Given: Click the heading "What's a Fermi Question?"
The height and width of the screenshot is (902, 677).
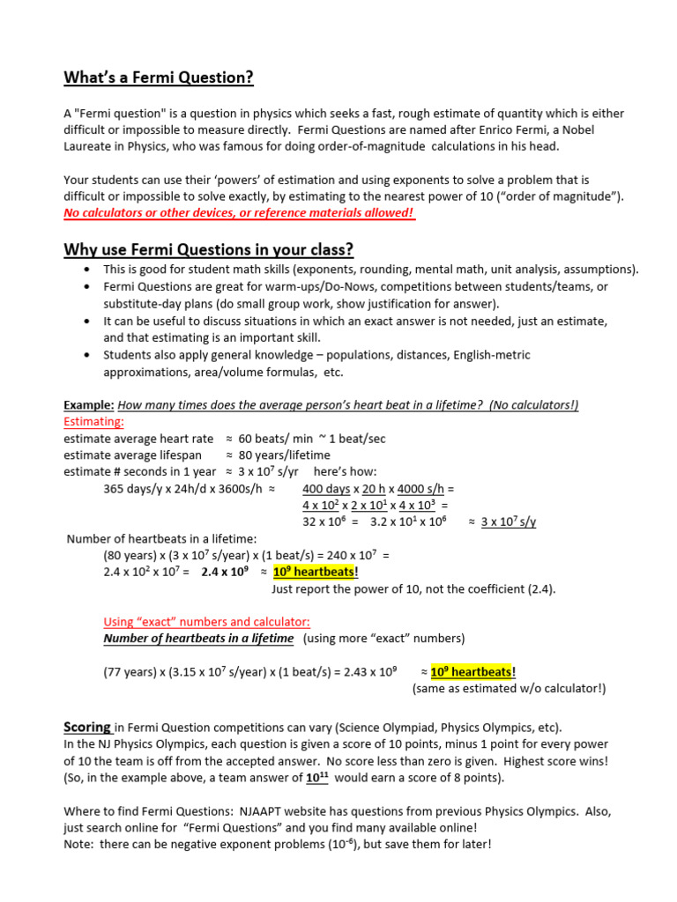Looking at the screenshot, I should (159, 78).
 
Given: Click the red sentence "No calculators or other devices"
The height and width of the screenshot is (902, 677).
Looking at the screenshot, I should (239, 214).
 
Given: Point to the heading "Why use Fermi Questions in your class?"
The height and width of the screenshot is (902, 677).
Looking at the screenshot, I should (208, 249).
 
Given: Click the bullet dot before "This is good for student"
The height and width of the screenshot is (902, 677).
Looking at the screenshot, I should (86, 270).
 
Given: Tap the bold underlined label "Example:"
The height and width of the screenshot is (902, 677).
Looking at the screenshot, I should (89, 405).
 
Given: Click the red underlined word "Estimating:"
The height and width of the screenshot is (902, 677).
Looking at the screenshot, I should (94, 422).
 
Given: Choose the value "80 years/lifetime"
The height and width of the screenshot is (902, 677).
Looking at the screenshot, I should (285, 455).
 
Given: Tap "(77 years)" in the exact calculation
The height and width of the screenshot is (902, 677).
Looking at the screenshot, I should (130, 672).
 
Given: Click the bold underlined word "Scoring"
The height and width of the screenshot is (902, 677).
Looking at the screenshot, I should (86, 728).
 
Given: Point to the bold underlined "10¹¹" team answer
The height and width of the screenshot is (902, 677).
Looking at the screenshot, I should (317, 779).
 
